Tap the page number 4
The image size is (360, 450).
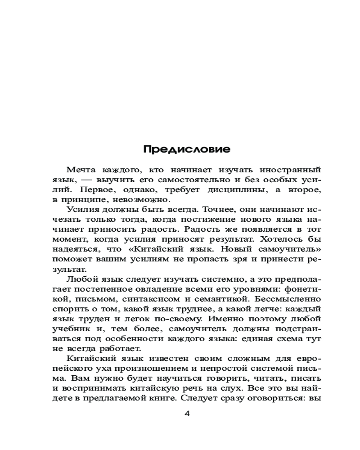coord(187,414)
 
